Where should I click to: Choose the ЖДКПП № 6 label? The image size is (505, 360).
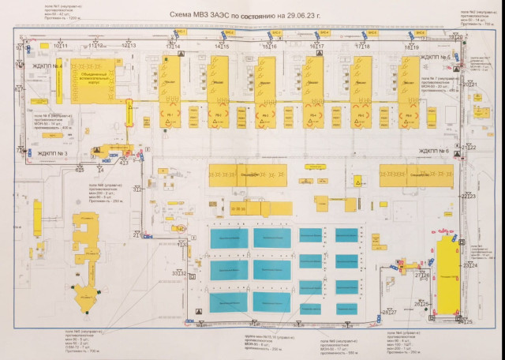[433, 151]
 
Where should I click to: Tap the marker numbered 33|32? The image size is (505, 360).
[179, 273]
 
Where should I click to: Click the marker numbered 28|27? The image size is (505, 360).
[388, 313]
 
